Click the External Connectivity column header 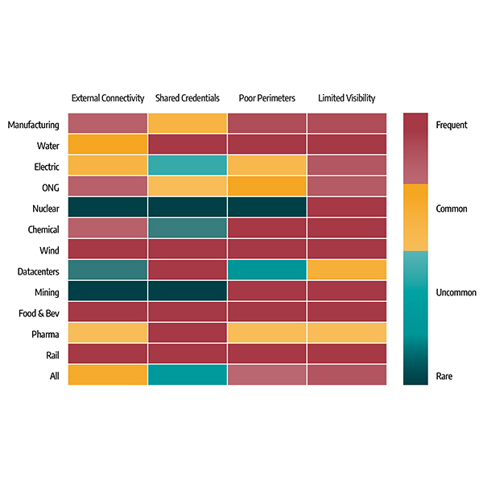[108, 98]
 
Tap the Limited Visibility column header [346, 98]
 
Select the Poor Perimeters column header [267, 98]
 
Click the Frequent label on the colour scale [451, 125]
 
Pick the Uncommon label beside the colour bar [456, 292]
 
